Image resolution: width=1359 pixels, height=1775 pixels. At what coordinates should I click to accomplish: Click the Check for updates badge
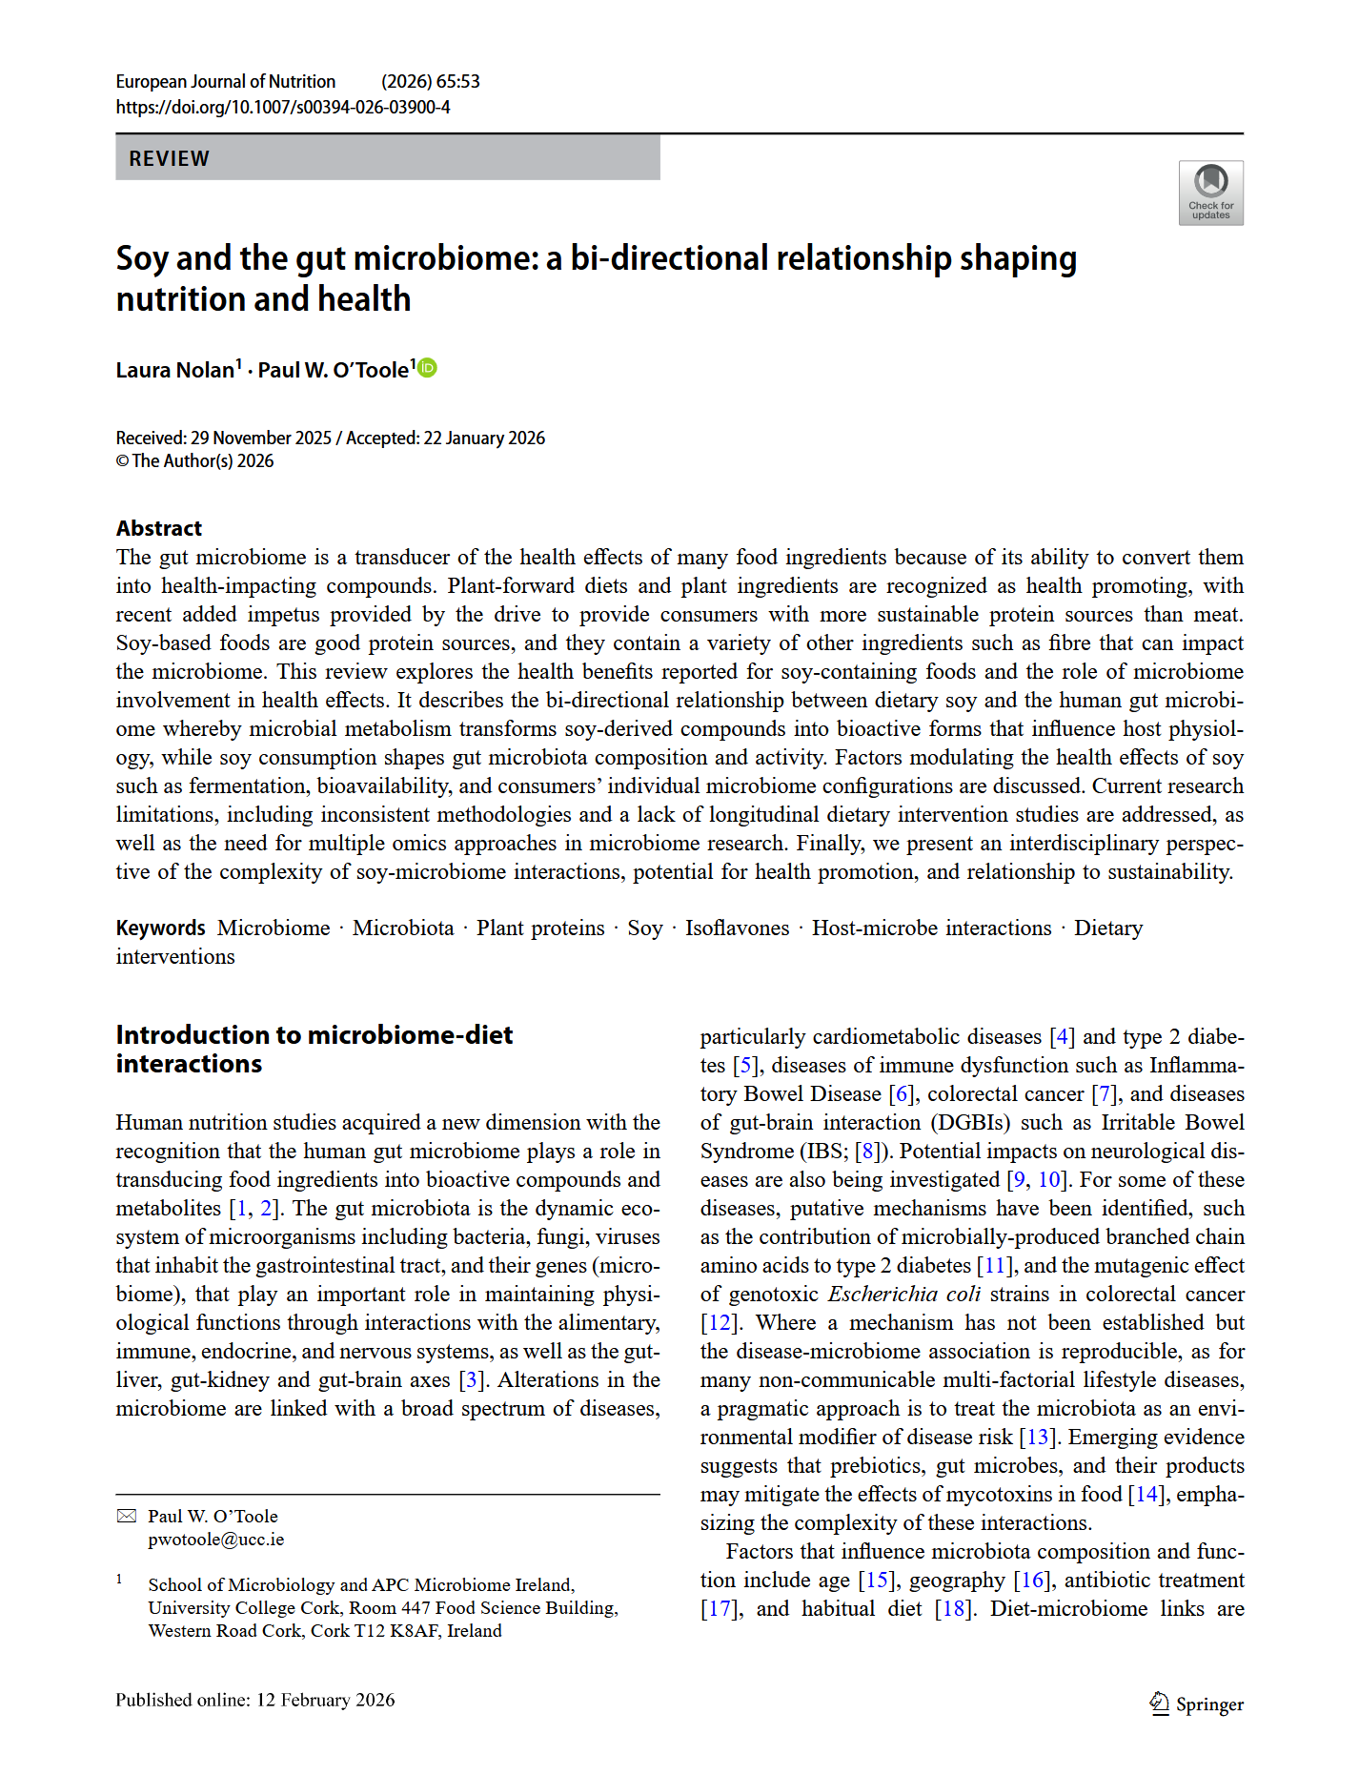point(1210,193)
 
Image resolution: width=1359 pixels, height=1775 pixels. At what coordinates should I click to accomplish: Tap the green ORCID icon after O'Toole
point(428,368)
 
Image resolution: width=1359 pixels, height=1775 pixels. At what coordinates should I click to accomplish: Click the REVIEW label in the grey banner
point(169,158)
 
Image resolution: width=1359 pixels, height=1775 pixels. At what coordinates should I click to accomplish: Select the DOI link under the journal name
point(283,107)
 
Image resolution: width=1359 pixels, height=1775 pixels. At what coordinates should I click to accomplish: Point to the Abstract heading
point(159,528)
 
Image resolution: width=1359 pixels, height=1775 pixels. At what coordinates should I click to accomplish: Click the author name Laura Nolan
point(175,370)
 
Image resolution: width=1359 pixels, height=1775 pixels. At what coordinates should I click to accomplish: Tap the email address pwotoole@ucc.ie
point(215,1539)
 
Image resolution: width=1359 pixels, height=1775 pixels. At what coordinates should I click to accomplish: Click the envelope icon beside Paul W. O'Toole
point(127,1516)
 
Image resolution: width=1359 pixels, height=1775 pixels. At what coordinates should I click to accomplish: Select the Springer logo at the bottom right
point(1196,1704)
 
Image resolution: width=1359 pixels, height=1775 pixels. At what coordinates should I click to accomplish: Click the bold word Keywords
point(160,928)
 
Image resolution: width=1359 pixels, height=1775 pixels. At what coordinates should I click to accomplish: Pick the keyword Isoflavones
point(737,928)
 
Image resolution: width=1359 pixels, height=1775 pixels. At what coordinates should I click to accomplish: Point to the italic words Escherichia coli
point(903,1294)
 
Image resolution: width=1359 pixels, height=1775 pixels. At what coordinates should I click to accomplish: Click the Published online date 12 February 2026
point(325,1700)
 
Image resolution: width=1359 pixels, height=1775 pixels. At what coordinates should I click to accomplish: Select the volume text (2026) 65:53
point(430,81)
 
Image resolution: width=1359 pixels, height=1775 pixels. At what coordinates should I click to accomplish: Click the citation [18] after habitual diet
point(953,1608)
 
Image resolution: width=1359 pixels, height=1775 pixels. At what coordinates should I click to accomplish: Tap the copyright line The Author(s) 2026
point(202,461)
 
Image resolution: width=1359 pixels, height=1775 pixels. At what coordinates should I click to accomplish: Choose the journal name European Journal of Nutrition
point(226,81)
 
